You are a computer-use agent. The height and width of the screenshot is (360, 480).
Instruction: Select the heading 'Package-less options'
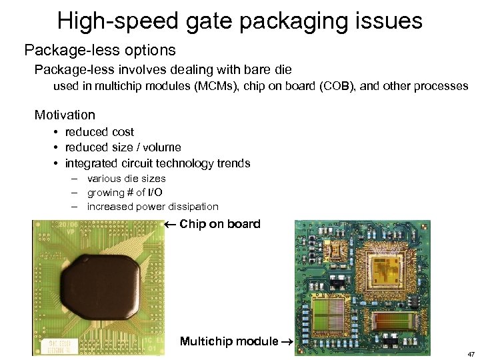click(x=100, y=50)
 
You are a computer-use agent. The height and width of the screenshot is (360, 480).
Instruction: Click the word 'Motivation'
click(x=65, y=115)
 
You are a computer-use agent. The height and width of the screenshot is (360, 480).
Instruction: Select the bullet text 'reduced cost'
click(x=99, y=132)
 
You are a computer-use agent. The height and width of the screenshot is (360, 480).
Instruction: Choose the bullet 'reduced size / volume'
click(x=123, y=147)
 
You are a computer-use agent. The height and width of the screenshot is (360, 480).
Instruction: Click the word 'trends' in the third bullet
click(x=231, y=163)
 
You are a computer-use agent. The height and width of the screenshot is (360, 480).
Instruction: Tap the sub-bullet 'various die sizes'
click(x=126, y=179)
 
